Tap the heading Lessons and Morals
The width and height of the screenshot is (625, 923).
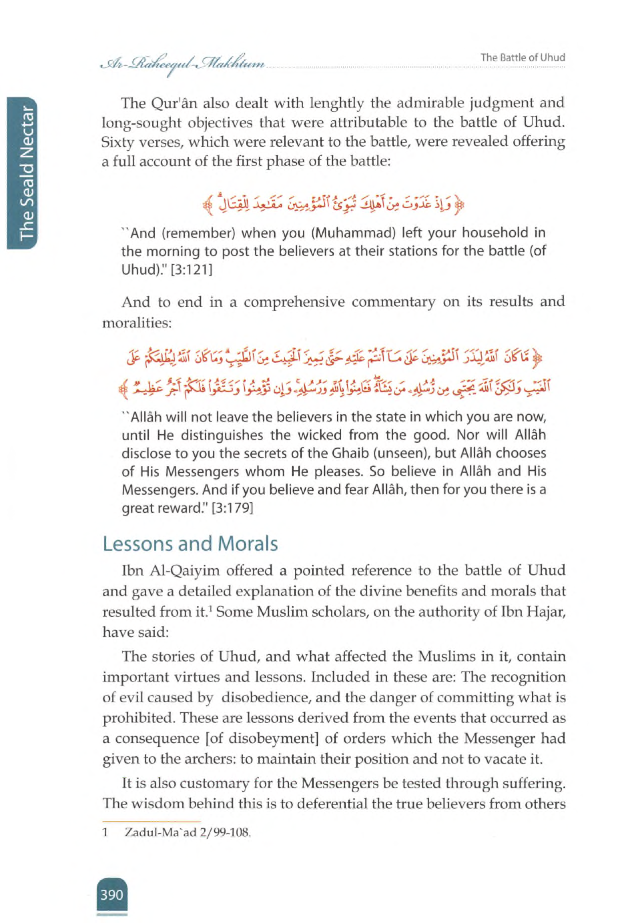(x=190, y=544)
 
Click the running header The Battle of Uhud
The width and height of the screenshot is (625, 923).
(x=523, y=58)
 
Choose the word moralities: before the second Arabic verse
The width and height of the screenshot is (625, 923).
(x=136, y=323)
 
